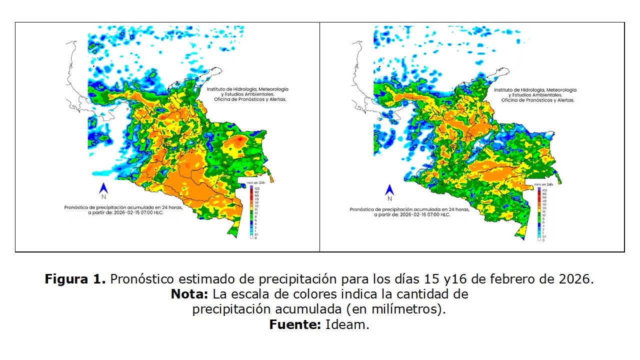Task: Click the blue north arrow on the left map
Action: (x=104, y=188)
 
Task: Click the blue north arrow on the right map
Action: (x=389, y=189)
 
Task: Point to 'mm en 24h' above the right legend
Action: (x=545, y=184)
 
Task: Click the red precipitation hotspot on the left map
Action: (x=240, y=138)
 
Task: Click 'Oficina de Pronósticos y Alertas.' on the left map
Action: (x=247, y=99)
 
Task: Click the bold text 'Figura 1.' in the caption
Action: (x=75, y=279)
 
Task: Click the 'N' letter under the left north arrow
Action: (x=104, y=197)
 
